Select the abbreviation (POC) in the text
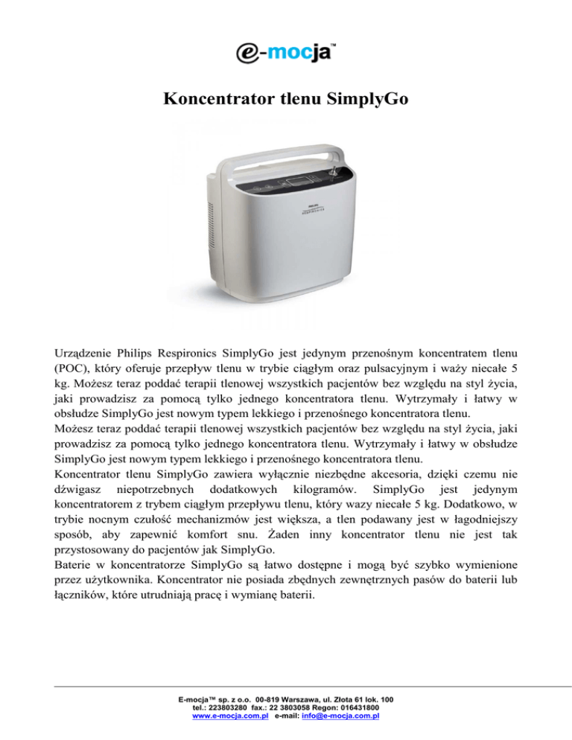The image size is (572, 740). pos(71,366)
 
